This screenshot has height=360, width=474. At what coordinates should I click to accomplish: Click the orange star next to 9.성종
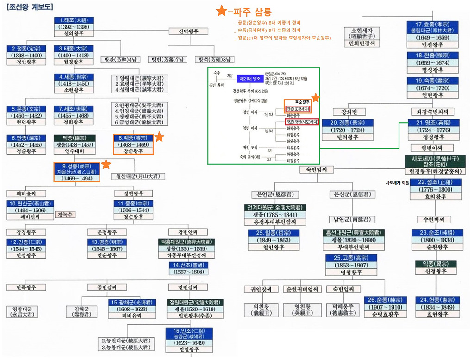[x=106, y=164]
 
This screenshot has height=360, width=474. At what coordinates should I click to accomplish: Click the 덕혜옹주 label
[x=343, y=310]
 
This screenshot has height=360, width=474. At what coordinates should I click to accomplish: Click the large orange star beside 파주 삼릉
[x=222, y=11]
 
